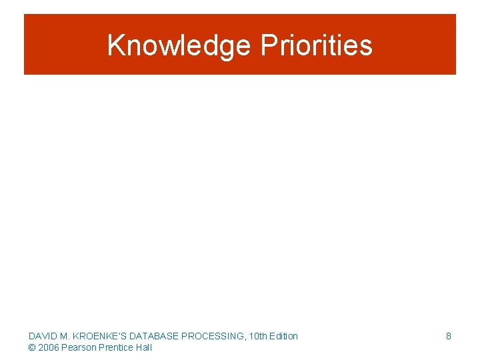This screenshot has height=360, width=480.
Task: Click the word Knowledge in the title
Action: point(179,45)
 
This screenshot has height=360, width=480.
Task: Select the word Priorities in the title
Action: point(316,45)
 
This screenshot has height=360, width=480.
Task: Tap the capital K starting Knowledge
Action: point(115,45)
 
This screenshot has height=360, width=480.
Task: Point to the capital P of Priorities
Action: point(268,45)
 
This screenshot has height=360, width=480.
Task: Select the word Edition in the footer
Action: point(284,336)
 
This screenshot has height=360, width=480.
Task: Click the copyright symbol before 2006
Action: point(32,347)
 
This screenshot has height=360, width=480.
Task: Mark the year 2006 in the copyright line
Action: point(49,347)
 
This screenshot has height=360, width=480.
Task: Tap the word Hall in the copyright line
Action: point(144,347)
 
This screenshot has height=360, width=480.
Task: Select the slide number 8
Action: point(448,336)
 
